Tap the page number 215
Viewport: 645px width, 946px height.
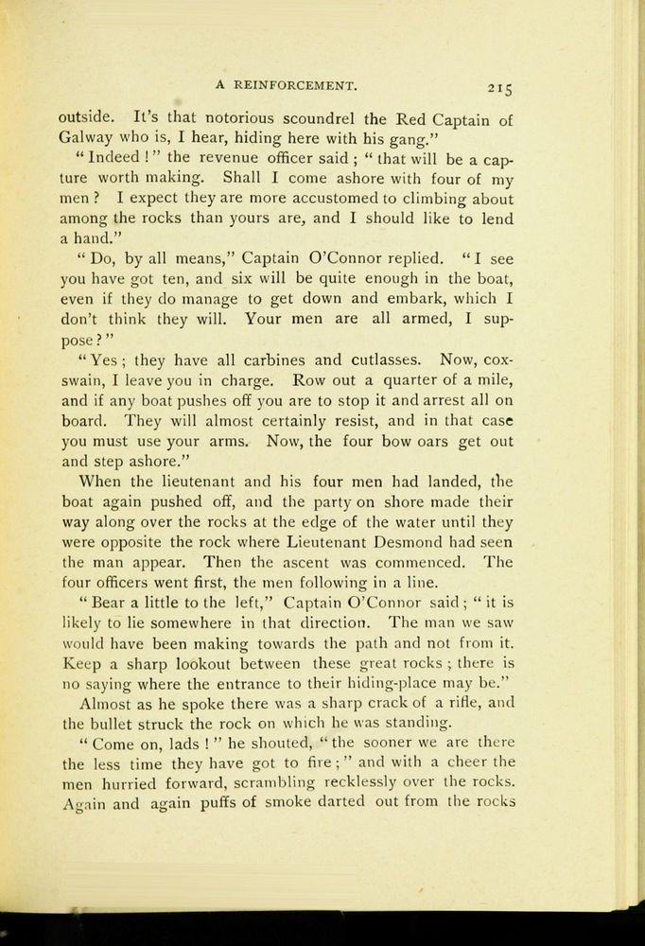click(499, 89)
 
